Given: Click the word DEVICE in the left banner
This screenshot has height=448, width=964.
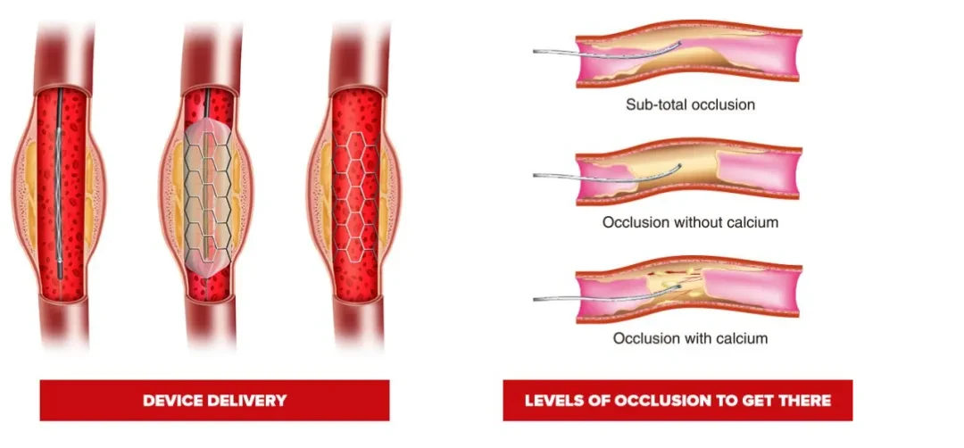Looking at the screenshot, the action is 173,401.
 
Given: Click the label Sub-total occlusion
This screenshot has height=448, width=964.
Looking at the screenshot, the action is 690,104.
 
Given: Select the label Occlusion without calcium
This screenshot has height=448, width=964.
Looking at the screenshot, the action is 690,222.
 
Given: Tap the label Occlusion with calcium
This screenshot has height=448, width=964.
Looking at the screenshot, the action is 690,338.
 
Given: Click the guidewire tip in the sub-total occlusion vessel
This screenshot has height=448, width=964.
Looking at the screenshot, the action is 680,43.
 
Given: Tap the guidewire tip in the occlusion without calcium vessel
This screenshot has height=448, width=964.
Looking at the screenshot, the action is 679,166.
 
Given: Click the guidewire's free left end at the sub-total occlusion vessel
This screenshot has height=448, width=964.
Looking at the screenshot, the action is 535,51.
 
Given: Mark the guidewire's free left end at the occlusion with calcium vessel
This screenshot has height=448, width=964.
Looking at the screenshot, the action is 535,299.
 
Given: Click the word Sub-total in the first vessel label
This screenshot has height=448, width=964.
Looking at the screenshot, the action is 655,104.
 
